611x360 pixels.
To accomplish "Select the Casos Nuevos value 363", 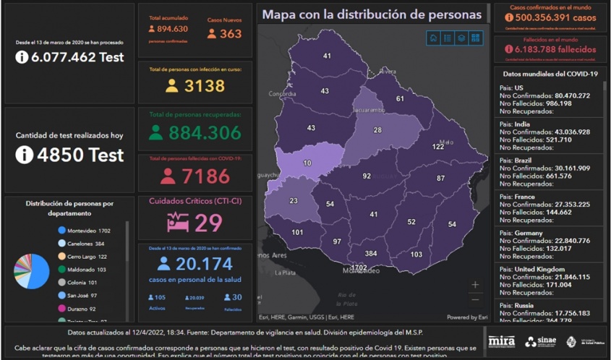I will pyautogui.click(x=231, y=33).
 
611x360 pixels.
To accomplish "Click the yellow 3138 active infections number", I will pyautogui.click(x=205, y=86).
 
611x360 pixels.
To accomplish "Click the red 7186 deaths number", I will pyautogui.click(x=205, y=176).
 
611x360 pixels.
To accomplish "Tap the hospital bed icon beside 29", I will pyautogui.click(x=179, y=223).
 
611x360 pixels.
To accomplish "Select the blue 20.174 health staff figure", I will pyautogui.click(x=204, y=264).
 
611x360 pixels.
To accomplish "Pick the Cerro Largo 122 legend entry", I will pyautogui.click(x=86, y=257).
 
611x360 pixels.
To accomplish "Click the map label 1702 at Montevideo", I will pyautogui.click(x=359, y=268).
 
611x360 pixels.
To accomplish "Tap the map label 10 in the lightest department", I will pyautogui.click(x=307, y=163).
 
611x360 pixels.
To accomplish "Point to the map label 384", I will pyautogui.click(x=371, y=254).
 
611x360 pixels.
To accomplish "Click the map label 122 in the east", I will pyautogui.click(x=438, y=147).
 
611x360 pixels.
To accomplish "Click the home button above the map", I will pyautogui.click(x=433, y=38).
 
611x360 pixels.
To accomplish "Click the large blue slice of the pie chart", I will pyautogui.click(x=36, y=271).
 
